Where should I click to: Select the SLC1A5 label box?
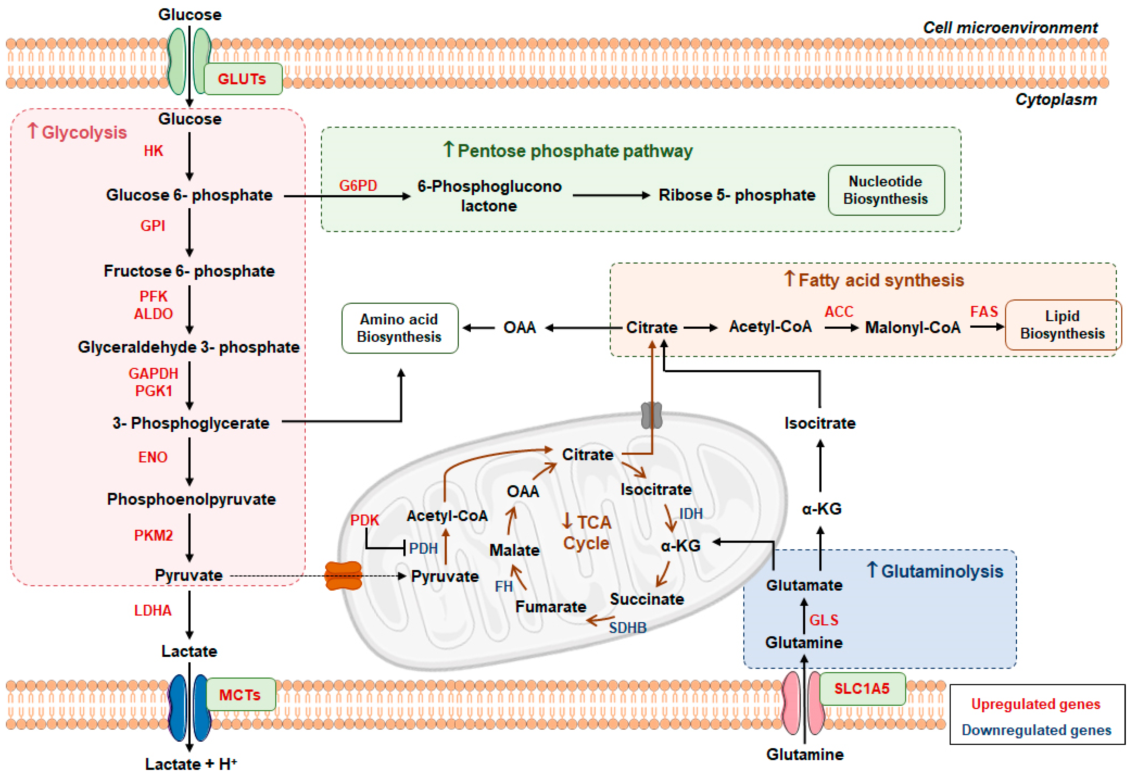coord(862,689)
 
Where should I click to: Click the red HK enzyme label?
coord(153,151)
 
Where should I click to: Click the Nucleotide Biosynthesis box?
coord(886,190)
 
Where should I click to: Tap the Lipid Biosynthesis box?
coord(1062,324)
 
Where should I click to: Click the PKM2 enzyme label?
coord(153,535)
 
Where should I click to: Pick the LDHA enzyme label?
coord(153,611)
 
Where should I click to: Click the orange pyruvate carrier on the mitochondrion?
coord(344,576)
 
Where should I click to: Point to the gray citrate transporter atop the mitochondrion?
coord(652,415)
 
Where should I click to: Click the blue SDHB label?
coord(628,628)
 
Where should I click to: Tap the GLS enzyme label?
coord(824,620)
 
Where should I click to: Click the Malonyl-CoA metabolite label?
coord(912,327)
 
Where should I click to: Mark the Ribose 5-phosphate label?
coord(737,195)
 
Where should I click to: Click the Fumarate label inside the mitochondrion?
coord(550,607)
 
